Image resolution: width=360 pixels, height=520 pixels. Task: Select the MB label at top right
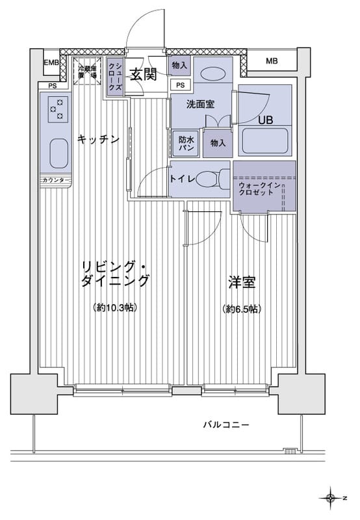(x=272, y=62)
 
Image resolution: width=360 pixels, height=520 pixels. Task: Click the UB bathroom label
(x=266, y=120)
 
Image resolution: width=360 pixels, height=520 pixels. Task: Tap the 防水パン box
(x=185, y=142)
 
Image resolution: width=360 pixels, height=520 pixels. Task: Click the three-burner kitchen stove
(x=57, y=109)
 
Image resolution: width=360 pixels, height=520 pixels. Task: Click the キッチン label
(x=98, y=138)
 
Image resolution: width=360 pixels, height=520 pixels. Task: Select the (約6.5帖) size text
(x=241, y=309)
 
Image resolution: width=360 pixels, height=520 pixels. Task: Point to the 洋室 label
(x=241, y=283)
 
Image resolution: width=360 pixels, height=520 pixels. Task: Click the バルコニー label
(x=226, y=424)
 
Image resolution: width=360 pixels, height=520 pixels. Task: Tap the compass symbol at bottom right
(x=332, y=498)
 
